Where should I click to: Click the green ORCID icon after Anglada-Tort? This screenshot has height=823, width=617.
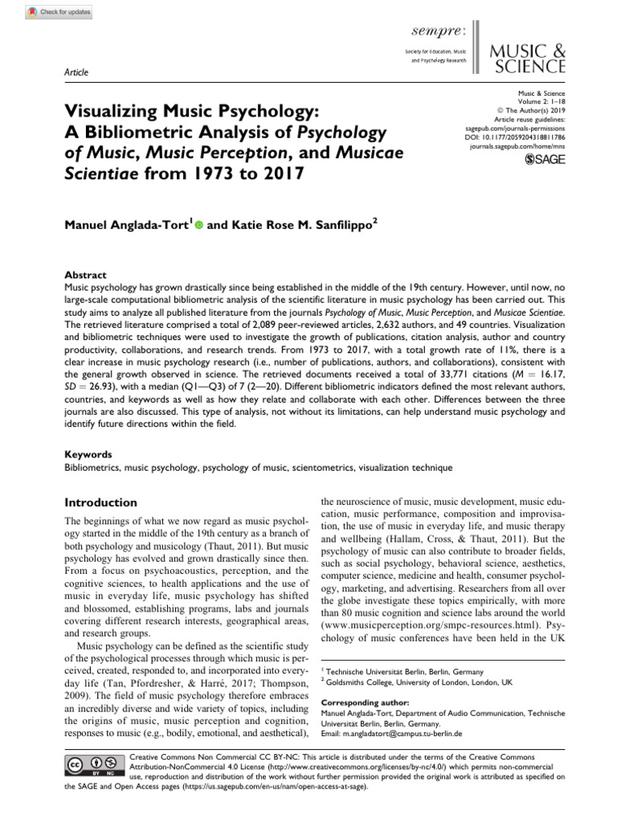198,204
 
